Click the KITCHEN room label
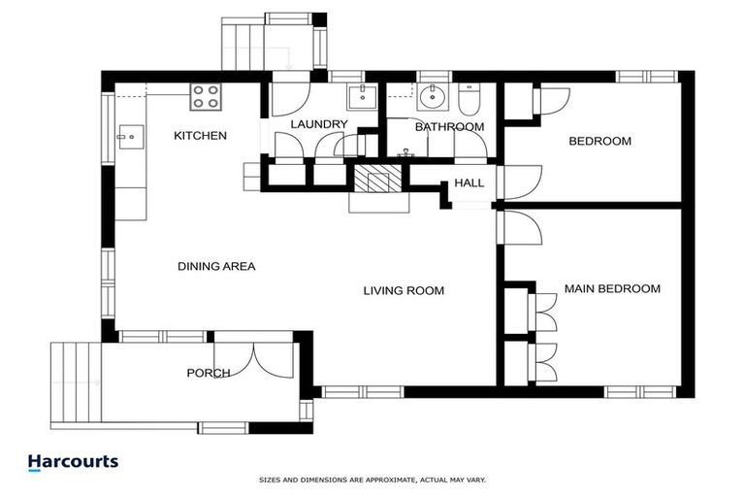200,136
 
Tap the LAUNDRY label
318,124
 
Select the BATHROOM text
449,127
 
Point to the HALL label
470,183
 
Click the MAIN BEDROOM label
612,289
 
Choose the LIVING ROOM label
404,290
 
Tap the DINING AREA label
216,266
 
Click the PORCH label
209,373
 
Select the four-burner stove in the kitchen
205,96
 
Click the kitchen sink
129,137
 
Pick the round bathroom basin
433,97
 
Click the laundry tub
362,97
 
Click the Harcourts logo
73,463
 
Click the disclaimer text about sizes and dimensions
372,480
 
